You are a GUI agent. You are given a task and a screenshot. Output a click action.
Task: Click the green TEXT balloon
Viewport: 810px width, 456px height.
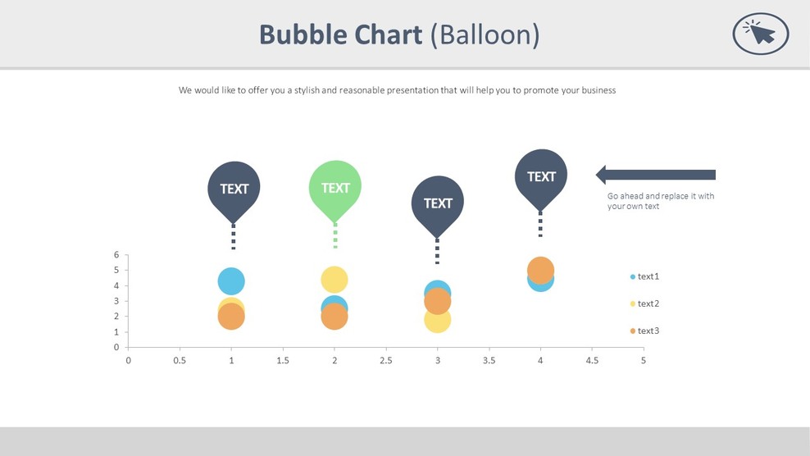334,188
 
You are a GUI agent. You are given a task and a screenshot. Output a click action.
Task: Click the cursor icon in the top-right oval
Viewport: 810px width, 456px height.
760,34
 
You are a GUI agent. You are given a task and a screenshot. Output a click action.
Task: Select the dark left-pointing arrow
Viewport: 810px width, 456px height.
655,175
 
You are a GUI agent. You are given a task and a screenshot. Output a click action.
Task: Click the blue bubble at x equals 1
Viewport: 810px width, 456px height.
231,281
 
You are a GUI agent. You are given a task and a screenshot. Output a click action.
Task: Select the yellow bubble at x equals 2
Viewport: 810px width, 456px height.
334,280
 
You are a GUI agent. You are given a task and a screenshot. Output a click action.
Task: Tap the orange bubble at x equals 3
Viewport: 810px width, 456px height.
438,301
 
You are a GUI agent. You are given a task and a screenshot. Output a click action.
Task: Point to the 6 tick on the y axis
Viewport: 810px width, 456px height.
116,255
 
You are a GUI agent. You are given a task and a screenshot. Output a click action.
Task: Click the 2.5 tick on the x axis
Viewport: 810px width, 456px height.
385,360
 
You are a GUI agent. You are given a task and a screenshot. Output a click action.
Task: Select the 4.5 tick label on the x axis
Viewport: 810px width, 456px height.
591,360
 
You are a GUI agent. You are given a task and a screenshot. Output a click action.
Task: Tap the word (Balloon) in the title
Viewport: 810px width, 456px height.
485,34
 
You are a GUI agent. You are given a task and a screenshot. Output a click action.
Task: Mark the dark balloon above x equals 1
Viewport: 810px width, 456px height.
234,189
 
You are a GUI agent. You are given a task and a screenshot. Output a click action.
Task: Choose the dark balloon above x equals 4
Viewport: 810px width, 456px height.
541,176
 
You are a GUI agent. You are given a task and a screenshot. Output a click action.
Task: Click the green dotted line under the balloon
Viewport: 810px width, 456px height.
334,236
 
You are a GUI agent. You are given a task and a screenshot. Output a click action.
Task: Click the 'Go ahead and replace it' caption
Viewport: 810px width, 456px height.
660,201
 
